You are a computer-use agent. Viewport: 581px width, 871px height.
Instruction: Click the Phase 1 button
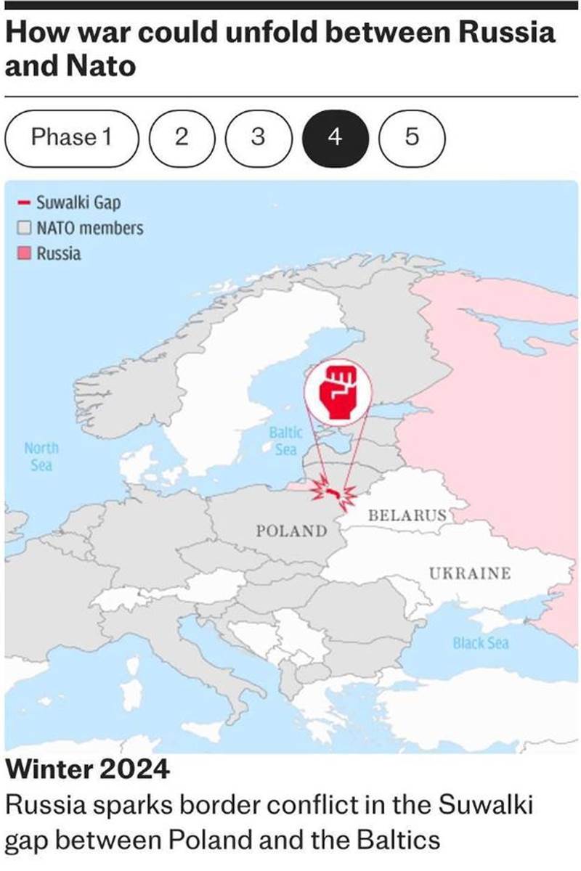point(71,136)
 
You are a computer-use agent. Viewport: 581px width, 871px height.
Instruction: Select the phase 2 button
point(182,136)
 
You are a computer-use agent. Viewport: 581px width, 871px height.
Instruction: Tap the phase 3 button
point(258,136)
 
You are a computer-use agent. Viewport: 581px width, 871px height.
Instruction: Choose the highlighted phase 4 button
point(335,136)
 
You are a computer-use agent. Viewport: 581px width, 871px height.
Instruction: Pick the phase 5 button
point(411,136)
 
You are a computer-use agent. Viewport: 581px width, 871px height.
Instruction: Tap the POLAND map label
point(291,531)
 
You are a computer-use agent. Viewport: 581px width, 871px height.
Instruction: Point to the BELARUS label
point(407,516)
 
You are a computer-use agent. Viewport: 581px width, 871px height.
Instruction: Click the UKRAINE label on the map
point(469,573)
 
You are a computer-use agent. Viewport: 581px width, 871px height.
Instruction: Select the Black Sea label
point(481,643)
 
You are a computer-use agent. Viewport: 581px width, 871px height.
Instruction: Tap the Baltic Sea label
point(285,441)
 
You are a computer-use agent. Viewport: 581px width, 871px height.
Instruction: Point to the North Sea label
point(41,457)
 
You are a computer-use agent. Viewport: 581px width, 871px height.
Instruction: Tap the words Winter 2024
point(87,769)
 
